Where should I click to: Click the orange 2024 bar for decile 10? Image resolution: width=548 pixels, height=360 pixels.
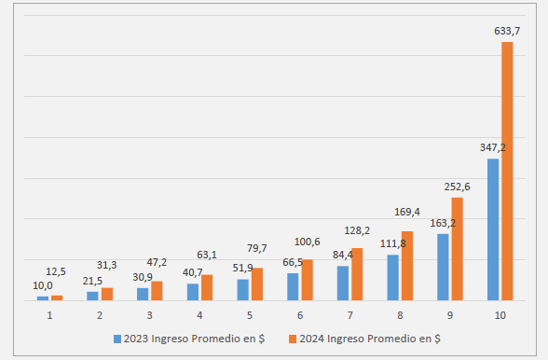point(507,172)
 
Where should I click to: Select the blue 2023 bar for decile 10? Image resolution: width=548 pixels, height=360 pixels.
point(493,229)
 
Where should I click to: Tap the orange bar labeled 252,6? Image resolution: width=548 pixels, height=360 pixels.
point(458,249)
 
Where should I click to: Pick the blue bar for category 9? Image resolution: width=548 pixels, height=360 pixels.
point(443,267)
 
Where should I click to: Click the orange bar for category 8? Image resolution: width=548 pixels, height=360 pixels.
point(407,266)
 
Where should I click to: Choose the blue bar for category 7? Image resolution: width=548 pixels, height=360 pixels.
point(343,284)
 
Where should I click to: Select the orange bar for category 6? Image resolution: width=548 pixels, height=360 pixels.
point(307,280)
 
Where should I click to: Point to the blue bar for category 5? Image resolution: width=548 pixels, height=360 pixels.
point(242,289)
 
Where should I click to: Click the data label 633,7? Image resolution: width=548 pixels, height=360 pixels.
point(507,31)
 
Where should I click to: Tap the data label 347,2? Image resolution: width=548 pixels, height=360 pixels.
point(493,147)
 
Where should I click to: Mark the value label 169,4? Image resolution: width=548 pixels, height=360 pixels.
point(407,212)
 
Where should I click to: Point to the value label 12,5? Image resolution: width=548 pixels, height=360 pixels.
point(56,271)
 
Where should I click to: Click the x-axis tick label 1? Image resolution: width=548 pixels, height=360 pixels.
point(49,315)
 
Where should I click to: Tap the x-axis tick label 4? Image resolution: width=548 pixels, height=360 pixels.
point(199,315)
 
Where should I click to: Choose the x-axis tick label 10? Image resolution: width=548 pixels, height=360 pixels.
point(500,315)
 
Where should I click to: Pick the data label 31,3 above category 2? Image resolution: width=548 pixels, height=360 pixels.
point(106,265)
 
